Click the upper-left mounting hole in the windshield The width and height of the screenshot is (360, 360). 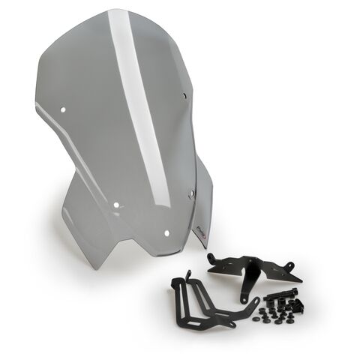pyautogui.click(x=62, y=109)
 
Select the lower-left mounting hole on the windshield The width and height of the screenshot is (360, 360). pyautogui.click(x=117, y=202)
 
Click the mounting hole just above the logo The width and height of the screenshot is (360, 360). pyautogui.click(x=192, y=193)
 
